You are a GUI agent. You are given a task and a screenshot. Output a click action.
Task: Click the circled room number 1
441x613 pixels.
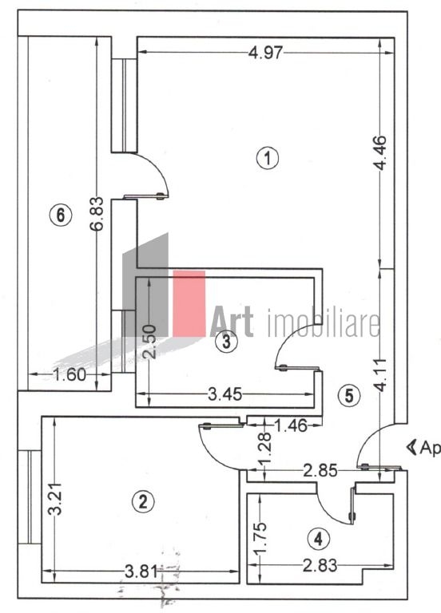coord(268,158)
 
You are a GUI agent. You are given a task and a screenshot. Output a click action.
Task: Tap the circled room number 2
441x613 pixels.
coord(143,501)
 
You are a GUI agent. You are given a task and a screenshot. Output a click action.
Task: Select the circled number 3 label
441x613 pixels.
coord(227,342)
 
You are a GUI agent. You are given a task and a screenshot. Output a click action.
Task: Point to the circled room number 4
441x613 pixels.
coord(319,539)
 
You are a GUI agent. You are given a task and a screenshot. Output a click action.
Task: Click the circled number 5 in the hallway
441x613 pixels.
coord(349,396)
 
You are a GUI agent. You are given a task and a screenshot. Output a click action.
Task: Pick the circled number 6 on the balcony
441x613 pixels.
coord(61,215)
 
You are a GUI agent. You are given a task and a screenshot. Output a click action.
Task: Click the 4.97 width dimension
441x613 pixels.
coord(266,53)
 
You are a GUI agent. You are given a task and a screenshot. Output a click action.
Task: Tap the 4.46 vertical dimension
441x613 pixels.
coord(380,153)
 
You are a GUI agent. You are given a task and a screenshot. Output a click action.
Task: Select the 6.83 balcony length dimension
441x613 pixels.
coord(97,213)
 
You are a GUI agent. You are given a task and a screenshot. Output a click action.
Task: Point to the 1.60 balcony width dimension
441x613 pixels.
coord(70,374)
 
